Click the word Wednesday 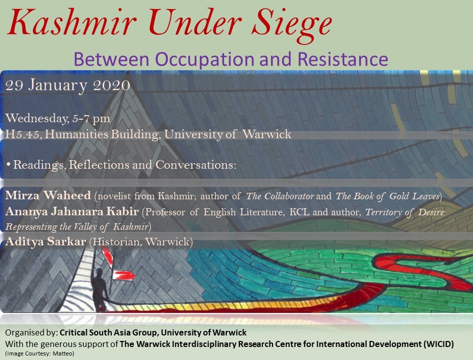pos(36,119)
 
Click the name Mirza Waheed pos(48,195)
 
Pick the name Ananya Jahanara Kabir pos(72,211)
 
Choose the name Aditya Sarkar pos(46,241)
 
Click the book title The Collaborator pos(280,196)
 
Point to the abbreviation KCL pos(299,212)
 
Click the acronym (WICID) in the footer pos(438,344)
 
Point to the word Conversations pos(195,165)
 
